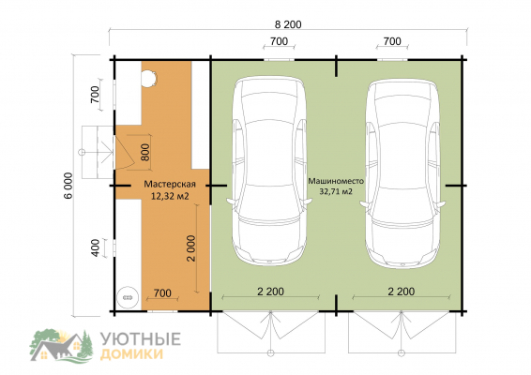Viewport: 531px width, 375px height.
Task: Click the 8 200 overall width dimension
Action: [288, 24]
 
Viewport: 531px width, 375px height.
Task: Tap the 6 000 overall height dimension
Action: [68, 186]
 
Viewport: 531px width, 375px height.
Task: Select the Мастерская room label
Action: [170, 184]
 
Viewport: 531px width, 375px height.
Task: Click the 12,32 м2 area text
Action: [170, 196]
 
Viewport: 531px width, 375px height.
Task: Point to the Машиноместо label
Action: [336, 181]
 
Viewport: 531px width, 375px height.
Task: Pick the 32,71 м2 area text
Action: [336, 191]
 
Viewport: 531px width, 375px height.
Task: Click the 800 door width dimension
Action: [144, 152]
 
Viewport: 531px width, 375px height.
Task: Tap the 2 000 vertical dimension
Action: [191, 248]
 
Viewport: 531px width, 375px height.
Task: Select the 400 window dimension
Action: [96, 247]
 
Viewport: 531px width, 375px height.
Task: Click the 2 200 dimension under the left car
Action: [270, 292]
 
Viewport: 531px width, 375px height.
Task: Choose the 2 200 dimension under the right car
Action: [402, 292]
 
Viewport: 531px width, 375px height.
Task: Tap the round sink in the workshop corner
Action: [128, 297]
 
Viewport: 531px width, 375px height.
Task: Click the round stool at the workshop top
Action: [148, 79]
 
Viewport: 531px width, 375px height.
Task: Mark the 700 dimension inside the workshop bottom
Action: [162, 293]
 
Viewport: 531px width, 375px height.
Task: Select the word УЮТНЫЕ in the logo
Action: [141, 338]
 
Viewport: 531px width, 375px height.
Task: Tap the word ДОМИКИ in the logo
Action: [132, 354]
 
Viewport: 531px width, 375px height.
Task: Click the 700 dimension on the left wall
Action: [95, 95]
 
